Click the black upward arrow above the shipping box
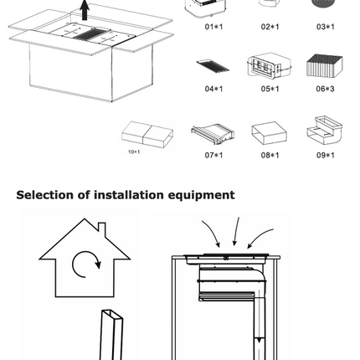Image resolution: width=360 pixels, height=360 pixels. pyautogui.click(x=84, y=10)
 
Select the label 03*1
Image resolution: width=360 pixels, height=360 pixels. pyautogui.click(x=326, y=26)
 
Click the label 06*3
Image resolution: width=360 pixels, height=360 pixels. pyautogui.click(x=326, y=87)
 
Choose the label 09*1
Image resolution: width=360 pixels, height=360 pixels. pyautogui.click(x=326, y=154)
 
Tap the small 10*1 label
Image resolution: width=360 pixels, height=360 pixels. pyautogui.click(x=134, y=152)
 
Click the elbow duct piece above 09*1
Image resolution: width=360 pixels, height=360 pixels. pyautogui.click(x=323, y=131)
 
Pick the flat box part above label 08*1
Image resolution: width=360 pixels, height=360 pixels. pyautogui.click(x=269, y=132)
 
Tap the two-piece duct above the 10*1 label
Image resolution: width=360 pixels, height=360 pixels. pyautogui.click(x=147, y=134)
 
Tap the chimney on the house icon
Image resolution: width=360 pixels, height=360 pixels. pyautogui.click(x=101, y=229)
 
